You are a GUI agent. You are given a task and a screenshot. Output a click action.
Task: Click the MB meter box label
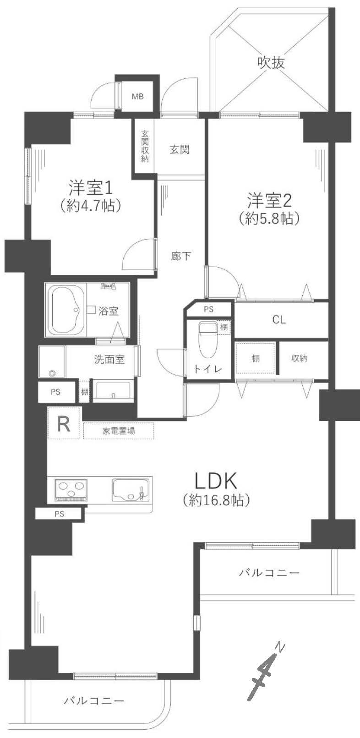pyautogui.click(x=138, y=97)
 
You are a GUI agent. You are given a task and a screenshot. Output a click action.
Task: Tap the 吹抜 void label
pyautogui.click(x=271, y=62)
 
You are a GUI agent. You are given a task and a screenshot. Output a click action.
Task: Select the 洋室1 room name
pyautogui.click(x=91, y=188)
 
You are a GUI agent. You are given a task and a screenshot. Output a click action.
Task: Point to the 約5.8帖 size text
pyautogui.click(x=269, y=218)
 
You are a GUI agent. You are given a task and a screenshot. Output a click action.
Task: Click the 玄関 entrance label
pyautogui.click(x=180, y=150)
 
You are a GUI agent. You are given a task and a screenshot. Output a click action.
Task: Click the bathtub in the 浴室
pyautogui.click(x=67, y=310)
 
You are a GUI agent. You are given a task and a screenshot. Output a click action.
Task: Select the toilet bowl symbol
pyautogui.click(x=207, y=339)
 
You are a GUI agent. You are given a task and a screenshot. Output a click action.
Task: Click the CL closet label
pyautogui.click(x=279, y=320)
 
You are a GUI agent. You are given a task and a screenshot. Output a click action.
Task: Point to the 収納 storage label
pyautogui.click(x=299, y=358)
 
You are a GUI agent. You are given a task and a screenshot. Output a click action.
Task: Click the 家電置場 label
pyautogui.click(x=119, y=431)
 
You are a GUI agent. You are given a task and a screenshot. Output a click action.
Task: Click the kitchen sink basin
pyautogui.click(x=131, y=490)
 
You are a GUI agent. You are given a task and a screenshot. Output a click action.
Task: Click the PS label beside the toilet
pyautogui.click(x=208, y=309)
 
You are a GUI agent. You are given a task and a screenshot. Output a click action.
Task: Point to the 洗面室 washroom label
pyautogui.click(x=109, y=360)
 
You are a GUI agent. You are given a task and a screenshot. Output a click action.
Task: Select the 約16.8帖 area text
pyautogui.click(x=216, y=500)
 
